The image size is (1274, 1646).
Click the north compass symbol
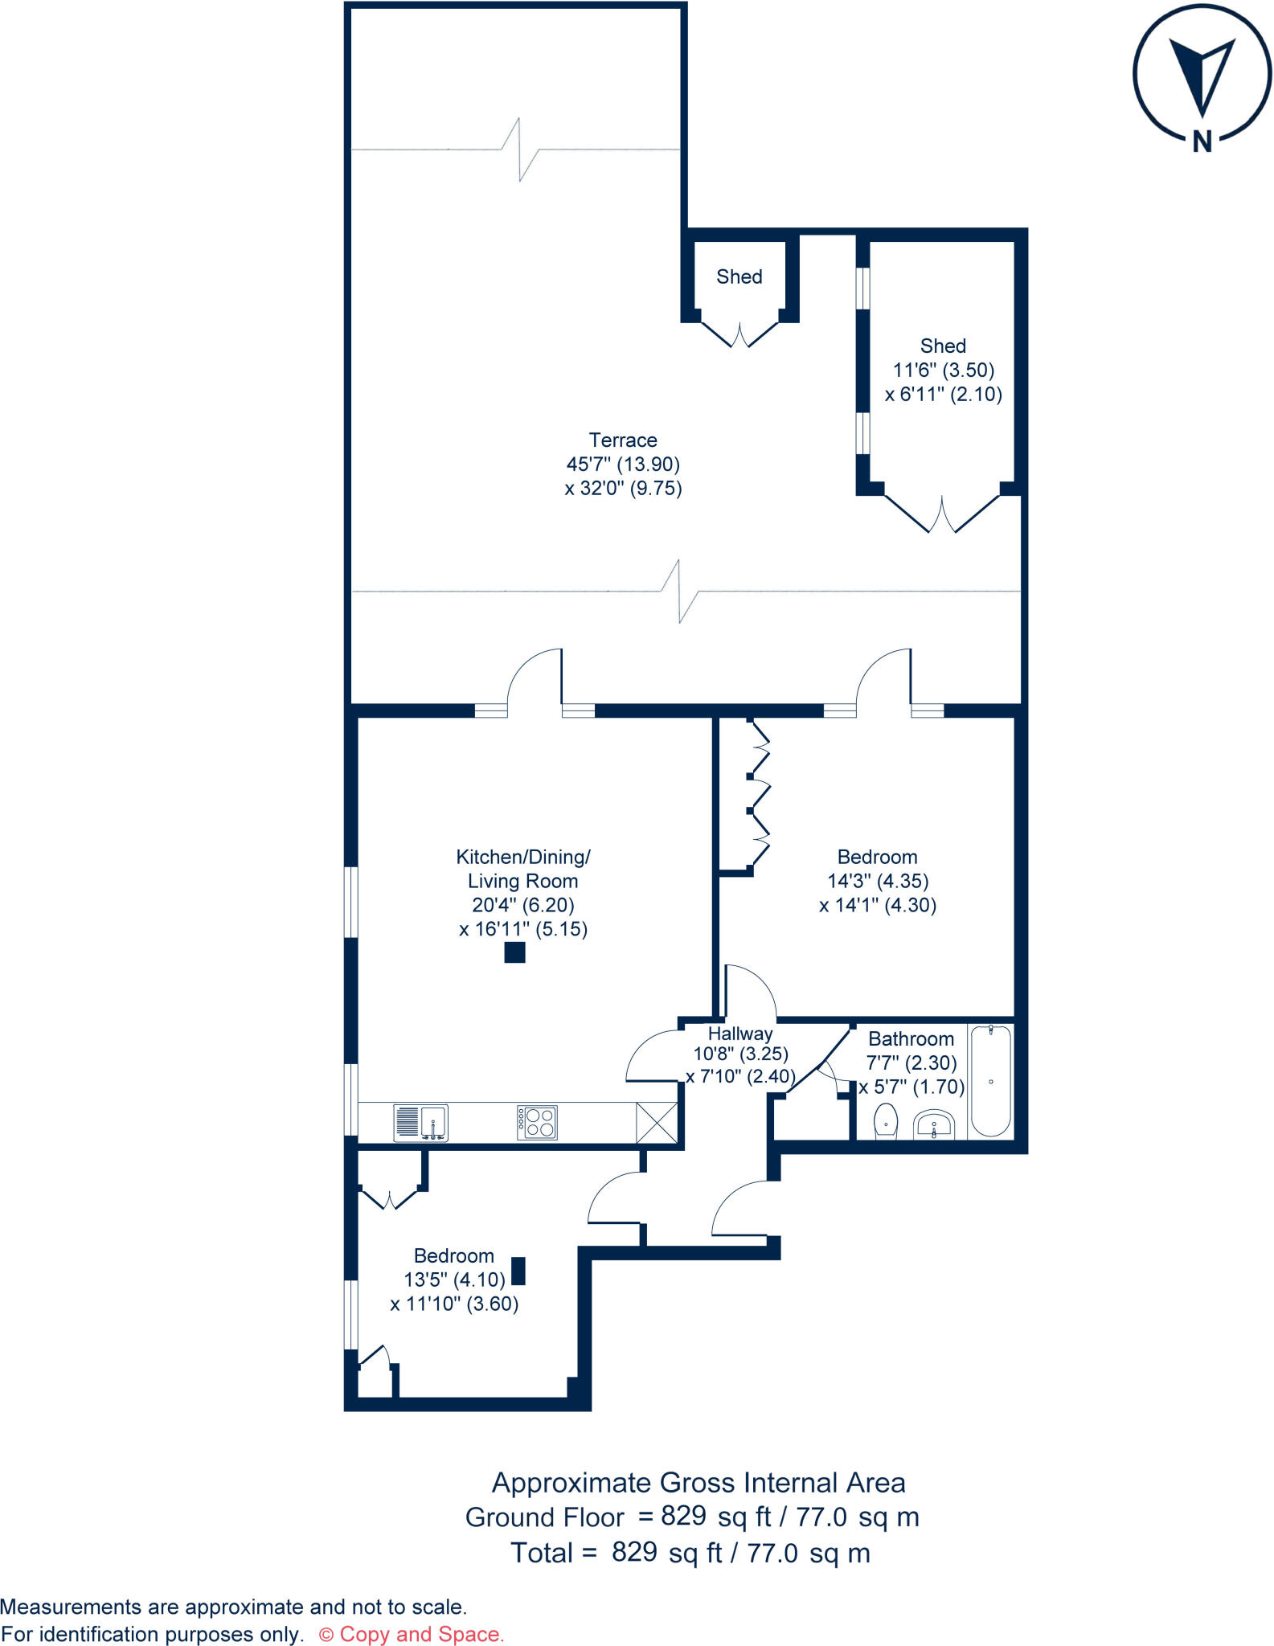pyautogui.click(x=1202, y=74)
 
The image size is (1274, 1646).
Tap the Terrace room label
pyautogui.click(x=623, y=440)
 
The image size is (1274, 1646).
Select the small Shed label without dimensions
pyautogui.click(x=739, y=276)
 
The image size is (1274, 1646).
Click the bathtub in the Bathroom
pyautogui.click(x=990, y=1080)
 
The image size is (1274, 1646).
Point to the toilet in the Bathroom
pyautogui.click(x=885, y=1120)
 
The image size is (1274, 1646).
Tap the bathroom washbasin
pyautogui.click(x=934, y=1124)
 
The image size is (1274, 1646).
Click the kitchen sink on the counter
pyautogui.click(x=420, y=1123)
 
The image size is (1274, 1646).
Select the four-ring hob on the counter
pyautogui.click(x=537, y=1123)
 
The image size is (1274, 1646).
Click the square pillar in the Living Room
pyautogui.click(x=514, y=953)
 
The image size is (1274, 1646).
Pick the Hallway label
pyautogui.click(x=739, y=1034)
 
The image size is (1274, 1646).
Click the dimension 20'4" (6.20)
pyautogui.click(x=522, y=905)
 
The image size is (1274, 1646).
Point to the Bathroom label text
pyautogui.click(x=911, y=1039)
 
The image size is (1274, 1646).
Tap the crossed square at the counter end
pyautogui.click(x=657, y=1123)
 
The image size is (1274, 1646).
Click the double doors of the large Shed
pyautogui.click(x=942, y=514)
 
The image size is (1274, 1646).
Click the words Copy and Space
pyautogui.click(x=421, y=1634)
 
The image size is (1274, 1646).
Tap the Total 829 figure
pyautogui.click(x=634, y=1552)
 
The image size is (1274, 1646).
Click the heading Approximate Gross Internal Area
pyautogui.click(x=698, y=1483)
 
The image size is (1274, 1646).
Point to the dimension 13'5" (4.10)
pyautogui.click(x=454, y=1280)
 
